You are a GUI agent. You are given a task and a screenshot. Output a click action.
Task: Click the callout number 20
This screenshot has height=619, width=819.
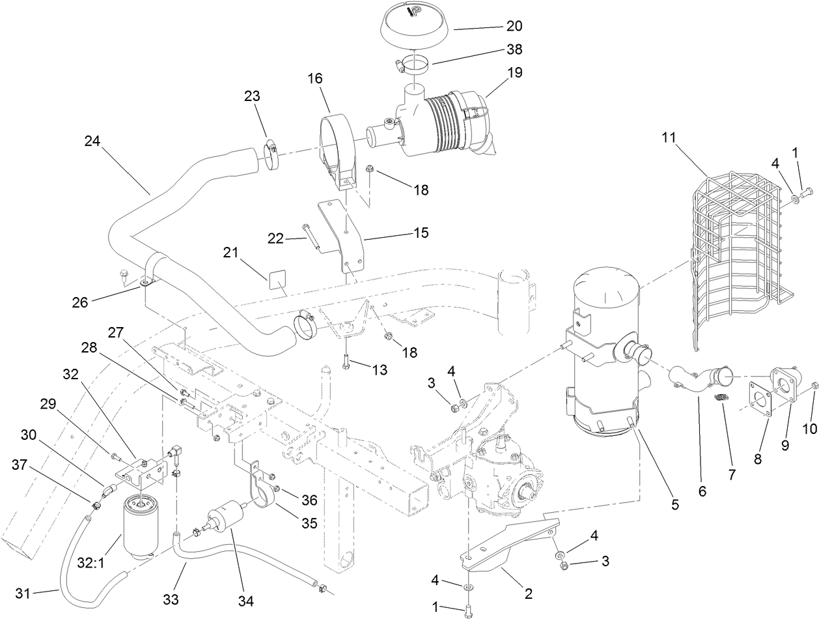[514, 27]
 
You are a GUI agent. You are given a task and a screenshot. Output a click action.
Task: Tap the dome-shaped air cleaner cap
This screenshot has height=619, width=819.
[415, 23]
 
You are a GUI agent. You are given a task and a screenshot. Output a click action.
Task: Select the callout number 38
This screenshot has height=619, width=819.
[514, 50]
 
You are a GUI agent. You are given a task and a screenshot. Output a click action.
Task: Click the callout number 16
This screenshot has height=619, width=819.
[315, 79]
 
